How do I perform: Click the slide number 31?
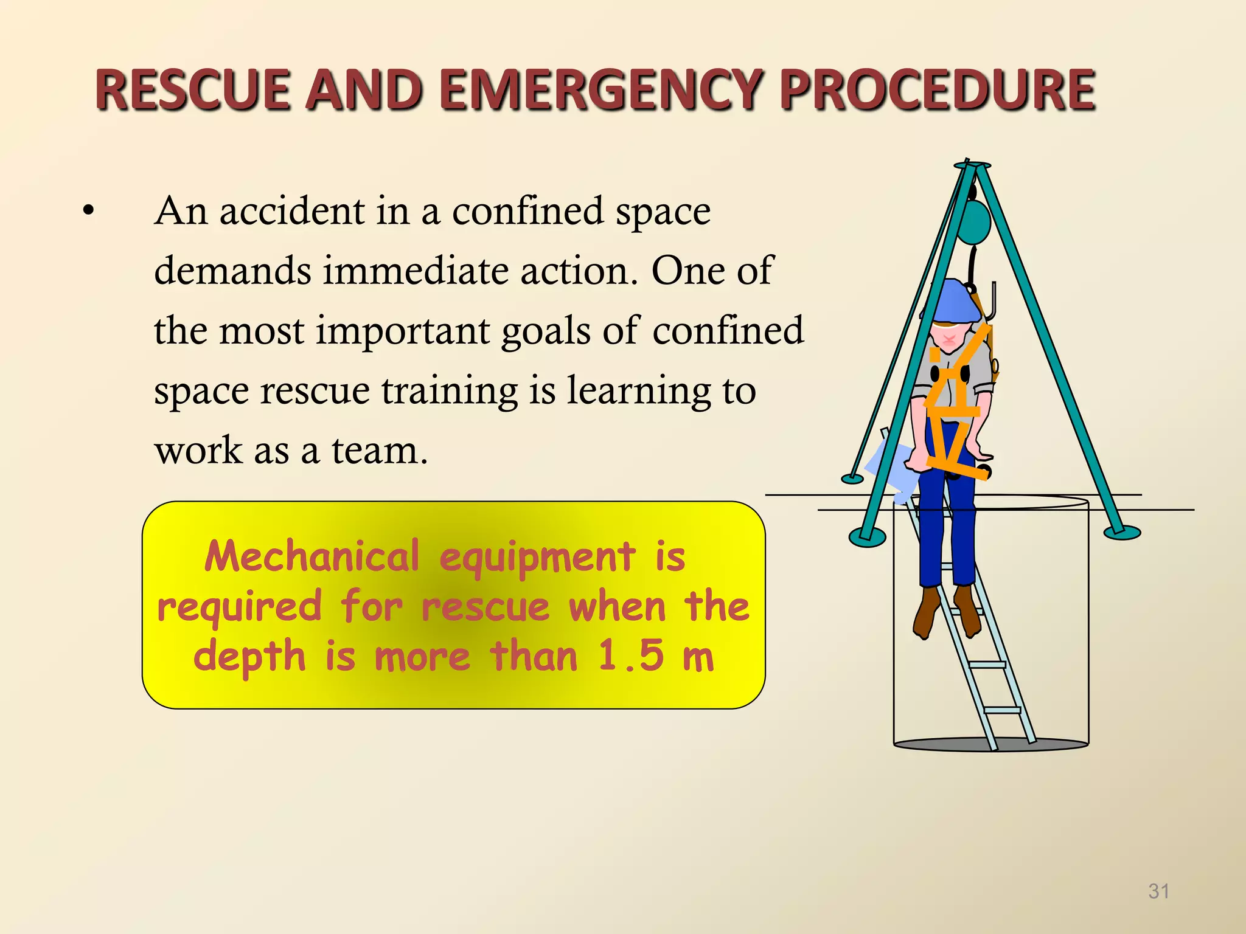click(1158, 891)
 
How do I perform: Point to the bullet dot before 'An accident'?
click(89, 212)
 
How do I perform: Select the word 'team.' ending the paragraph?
click(380, 451)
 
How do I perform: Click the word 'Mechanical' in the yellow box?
click(311, 556)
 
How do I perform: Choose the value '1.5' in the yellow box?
click(631, 656)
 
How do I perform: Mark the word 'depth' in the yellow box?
click(249, 657)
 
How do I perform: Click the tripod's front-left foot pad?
click(867, 536)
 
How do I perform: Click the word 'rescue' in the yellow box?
click(486, 607)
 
